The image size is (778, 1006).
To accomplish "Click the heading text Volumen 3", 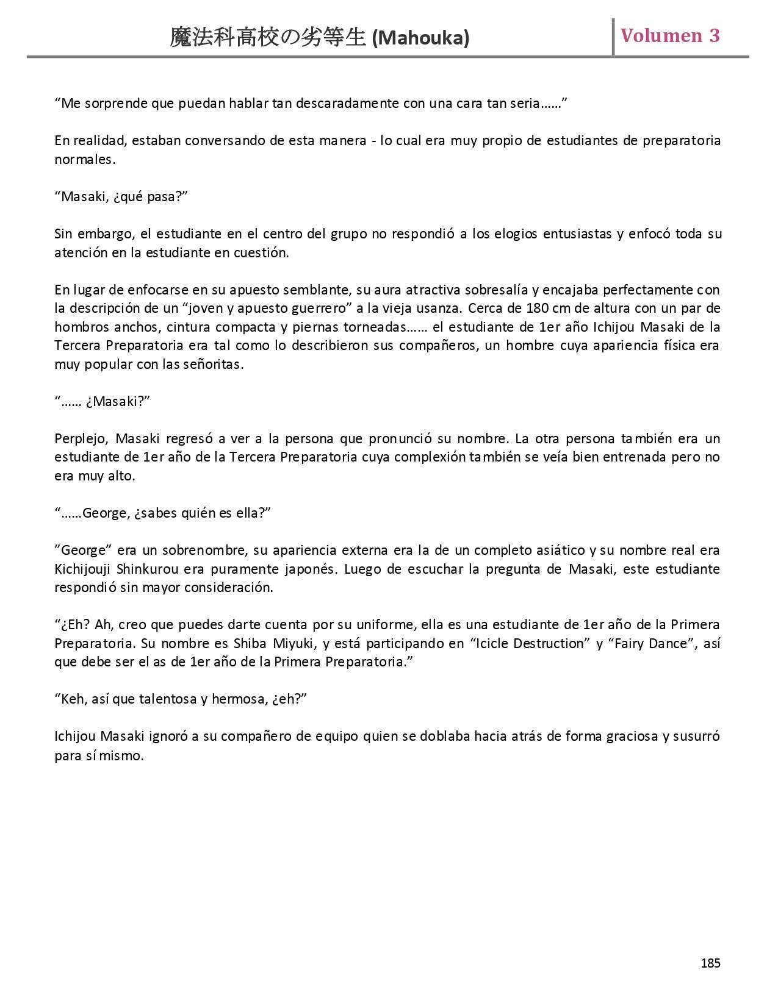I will (x=670, y=35).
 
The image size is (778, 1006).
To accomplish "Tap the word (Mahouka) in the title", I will (x=420, y=38).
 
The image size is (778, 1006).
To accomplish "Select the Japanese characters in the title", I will (x=268, y=38).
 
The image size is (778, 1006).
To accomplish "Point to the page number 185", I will (x=710, y=963).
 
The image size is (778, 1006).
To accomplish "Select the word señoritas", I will (x=213, y=365).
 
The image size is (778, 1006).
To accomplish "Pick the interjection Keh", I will (x=72, y=699).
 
